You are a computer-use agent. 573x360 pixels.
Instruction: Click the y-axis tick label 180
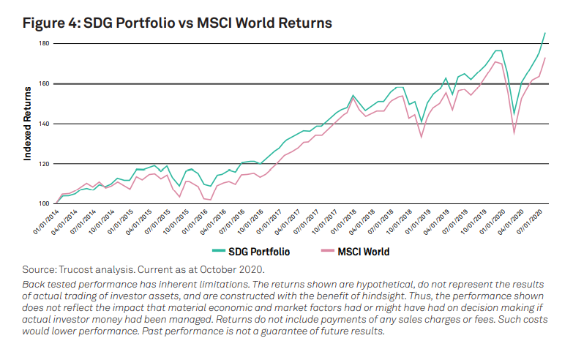click(43, 43)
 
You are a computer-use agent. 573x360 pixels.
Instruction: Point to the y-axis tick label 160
click(43, 83)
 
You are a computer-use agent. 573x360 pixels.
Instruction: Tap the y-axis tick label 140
click(43, 124)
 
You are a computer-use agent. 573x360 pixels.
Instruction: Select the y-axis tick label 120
click(43, 164)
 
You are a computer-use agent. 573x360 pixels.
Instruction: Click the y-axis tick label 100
click(43, 203)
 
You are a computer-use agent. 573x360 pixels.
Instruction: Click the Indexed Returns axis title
click(29, 124)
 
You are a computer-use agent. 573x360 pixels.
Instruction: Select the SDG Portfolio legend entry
click(251, 252)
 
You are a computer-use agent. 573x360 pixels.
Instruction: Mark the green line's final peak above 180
click(544, 33)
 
